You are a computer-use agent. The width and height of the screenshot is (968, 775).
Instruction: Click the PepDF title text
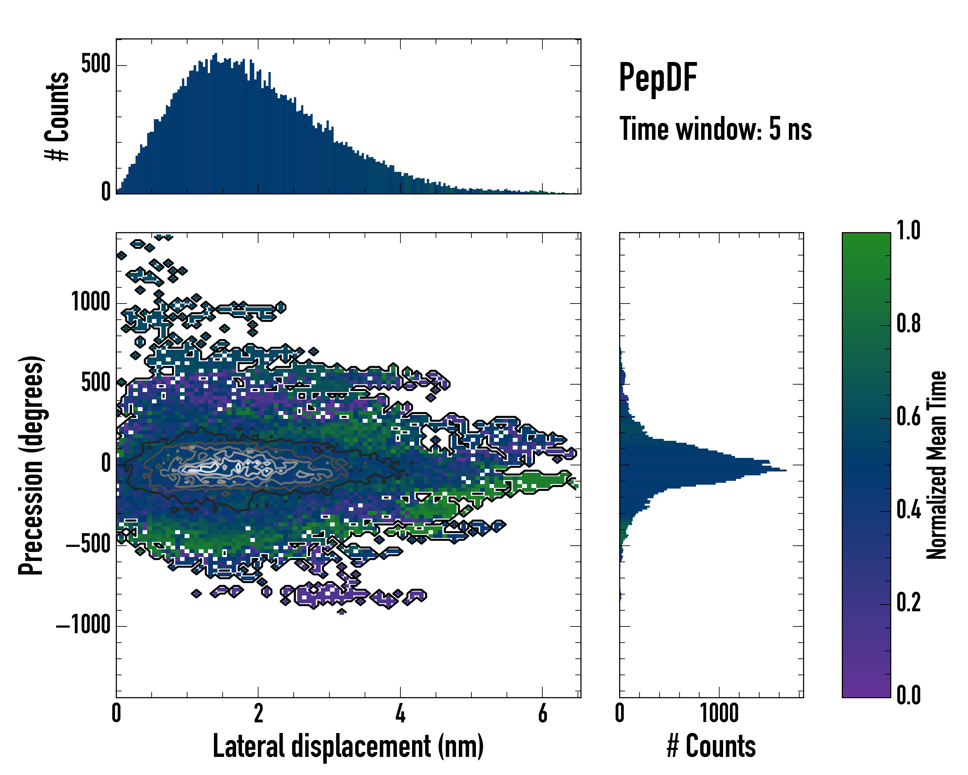(x=658, y=78)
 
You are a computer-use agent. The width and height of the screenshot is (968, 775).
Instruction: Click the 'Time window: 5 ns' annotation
(x=715, y=129)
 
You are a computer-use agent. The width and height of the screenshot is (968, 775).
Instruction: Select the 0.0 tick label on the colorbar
(x=908, y=695)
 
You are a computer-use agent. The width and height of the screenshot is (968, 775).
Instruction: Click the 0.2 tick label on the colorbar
(x=908, y=603)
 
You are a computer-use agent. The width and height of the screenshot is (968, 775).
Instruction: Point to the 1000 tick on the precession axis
(x=91, y=302)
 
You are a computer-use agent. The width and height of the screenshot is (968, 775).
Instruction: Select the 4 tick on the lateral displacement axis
(x=400, y=713)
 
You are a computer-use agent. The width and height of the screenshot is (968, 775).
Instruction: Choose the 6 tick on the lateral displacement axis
(x=542, y=713)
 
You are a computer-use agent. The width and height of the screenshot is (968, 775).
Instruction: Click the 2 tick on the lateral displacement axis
(x=258, y=713)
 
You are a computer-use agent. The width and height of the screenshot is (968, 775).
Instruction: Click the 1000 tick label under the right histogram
(x=719, y=713)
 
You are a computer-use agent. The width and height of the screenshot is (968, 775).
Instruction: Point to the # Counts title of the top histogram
(x=57, y=116)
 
